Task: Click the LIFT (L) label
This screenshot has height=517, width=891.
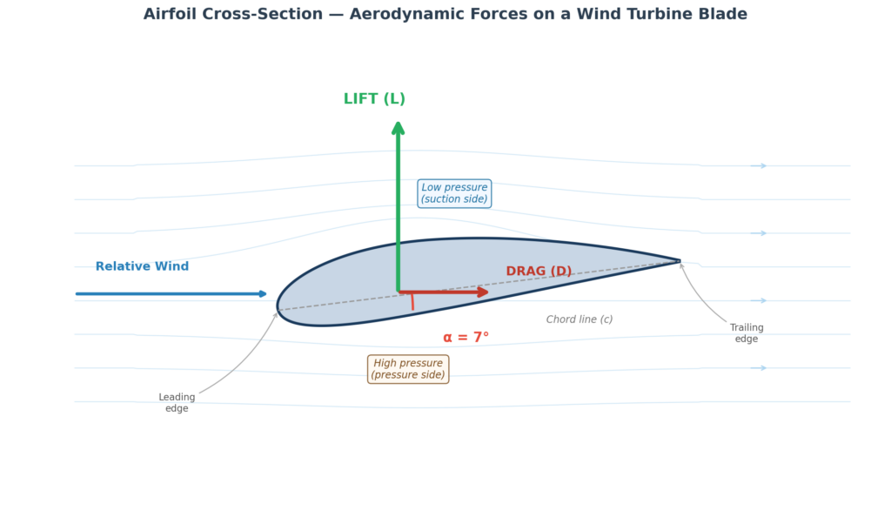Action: click(374, 99)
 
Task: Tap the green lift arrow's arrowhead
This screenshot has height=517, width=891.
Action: click(398, 127)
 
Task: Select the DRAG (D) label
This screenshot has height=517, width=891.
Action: click(539, 272)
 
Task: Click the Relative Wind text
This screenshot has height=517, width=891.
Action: click(142, 266)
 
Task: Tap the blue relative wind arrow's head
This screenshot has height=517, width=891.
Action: click(263, 294)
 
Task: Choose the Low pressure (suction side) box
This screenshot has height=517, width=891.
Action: click(454, 193)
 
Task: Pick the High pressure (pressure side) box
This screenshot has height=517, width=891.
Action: click(408, 369)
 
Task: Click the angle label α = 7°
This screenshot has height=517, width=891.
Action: click(466, 338)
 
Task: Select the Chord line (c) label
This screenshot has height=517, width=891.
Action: click(579, 319)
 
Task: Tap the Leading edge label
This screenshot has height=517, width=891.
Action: click(177, 403)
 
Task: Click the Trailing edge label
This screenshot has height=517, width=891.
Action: click(747, 333)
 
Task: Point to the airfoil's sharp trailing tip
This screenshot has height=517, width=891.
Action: click(679, 260)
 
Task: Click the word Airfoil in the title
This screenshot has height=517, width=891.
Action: click(172, 15)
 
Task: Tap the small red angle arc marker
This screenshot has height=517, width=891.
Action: click(412, 301)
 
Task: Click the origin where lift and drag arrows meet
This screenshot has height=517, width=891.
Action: click(399, 292)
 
